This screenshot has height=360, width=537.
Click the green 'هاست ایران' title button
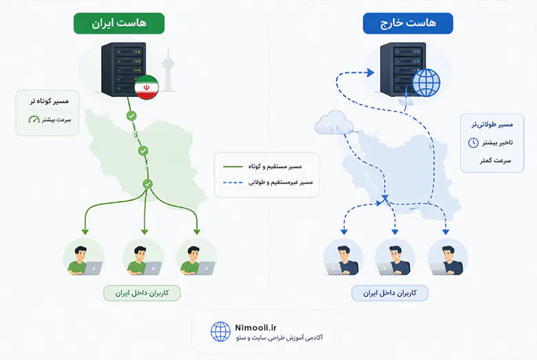click(119, 23)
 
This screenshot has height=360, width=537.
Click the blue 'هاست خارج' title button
click(408, 23)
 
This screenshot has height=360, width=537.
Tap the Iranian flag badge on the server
click(147, 87)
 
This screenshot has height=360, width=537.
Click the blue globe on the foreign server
click(426, 83)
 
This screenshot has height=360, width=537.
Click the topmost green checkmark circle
click(131, 116)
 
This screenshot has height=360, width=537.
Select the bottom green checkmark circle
click(147, 184)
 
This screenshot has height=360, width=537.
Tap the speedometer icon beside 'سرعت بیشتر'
click(34, 120)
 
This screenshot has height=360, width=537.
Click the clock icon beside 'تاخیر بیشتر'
click(473, 142)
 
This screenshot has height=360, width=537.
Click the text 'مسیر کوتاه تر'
click(49, 101)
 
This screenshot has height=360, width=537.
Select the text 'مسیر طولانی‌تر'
click(492, 125)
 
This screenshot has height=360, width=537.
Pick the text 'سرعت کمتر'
click(495, 160)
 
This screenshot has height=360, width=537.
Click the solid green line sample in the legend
click(233, 167)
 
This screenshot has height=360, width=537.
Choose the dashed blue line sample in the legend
click(233, 183)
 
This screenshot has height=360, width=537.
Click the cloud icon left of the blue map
click(334, 123)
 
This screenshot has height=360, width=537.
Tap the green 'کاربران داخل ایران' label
click(142, 293)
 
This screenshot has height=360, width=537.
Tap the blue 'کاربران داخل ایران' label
click(390, 293)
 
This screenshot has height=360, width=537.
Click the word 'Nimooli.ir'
click(255, 328)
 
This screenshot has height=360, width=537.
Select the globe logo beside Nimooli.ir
click(220, 332)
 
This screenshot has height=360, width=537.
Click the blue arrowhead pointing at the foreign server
click(370, 72)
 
